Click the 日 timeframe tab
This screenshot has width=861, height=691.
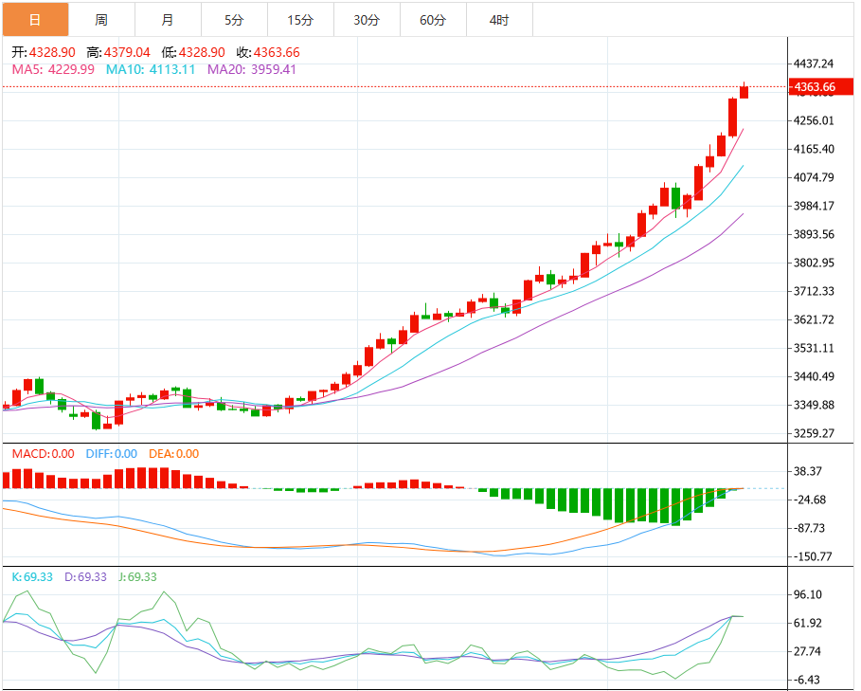coord(35,20)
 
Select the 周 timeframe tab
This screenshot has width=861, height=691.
coord(101,20)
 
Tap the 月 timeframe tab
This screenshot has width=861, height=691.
coord(168,20)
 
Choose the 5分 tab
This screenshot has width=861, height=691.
coord(234,20)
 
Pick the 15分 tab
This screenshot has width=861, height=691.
coord(300,20)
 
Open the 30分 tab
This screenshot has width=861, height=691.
coord(367,20)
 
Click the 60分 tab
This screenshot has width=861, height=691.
coord(433,20)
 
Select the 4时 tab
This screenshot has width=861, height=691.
coord(499,20)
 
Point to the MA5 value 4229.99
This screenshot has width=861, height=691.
coord(71,69)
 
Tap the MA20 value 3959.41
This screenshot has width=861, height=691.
coord(271,69)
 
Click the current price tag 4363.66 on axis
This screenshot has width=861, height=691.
coord(816,87)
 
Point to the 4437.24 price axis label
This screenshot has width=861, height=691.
coord(815,64)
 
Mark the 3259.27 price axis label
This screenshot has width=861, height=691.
coord(815,433)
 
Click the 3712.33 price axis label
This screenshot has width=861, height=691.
coord(815,291)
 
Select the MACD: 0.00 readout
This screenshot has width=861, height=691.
coord(43,454)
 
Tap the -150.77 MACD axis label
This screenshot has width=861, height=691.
coord(815,556)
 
